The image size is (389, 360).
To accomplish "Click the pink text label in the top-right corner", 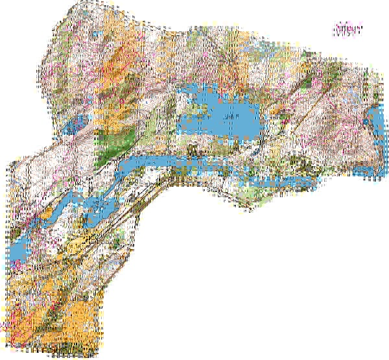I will pos(348,30).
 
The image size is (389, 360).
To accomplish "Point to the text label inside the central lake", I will pos(228,117).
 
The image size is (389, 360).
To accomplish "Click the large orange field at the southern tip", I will pos(78,318).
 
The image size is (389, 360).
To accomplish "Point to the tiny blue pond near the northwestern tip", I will pos(95,36).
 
